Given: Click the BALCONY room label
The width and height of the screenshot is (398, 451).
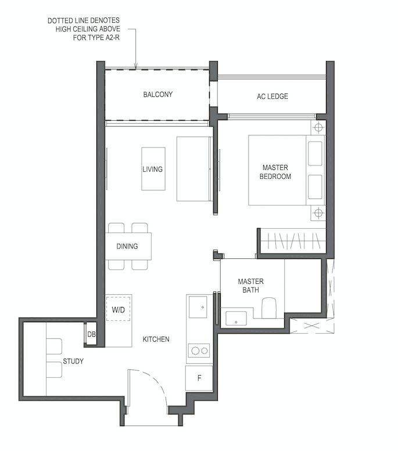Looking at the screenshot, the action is pos(158,95).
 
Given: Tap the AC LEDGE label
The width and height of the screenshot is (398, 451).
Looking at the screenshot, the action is pos(272,96).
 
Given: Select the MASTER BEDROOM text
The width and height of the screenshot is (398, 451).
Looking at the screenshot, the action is pos(275,172).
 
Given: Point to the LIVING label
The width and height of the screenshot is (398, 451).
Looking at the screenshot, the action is pos(152,169).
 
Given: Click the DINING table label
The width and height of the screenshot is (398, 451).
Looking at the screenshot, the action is pos(127,246).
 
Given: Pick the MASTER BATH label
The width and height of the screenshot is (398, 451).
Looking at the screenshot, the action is pos(250,286).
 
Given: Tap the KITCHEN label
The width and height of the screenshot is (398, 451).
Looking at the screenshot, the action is pos(156,340).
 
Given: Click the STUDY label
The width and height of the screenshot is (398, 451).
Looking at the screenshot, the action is pos(73,361).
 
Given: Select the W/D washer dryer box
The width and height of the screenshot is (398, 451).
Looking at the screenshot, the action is pos(119,309).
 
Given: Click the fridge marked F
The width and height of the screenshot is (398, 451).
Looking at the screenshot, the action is pos(199,378).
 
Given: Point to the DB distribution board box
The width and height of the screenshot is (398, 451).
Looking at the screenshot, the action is pos(91,334).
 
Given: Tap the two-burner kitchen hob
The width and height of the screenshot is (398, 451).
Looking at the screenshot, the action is pos(199,351).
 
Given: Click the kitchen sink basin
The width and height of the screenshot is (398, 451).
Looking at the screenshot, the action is pos(198,307).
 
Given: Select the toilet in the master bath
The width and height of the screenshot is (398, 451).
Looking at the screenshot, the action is pos(268,308).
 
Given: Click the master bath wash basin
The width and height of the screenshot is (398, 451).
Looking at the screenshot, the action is pos(236,319).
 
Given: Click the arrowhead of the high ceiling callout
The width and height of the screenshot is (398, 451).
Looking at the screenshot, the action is pos(135,67).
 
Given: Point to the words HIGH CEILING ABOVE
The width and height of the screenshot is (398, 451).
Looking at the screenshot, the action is pos(88,29).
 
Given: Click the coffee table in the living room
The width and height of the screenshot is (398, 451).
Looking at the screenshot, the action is pos(153,169).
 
